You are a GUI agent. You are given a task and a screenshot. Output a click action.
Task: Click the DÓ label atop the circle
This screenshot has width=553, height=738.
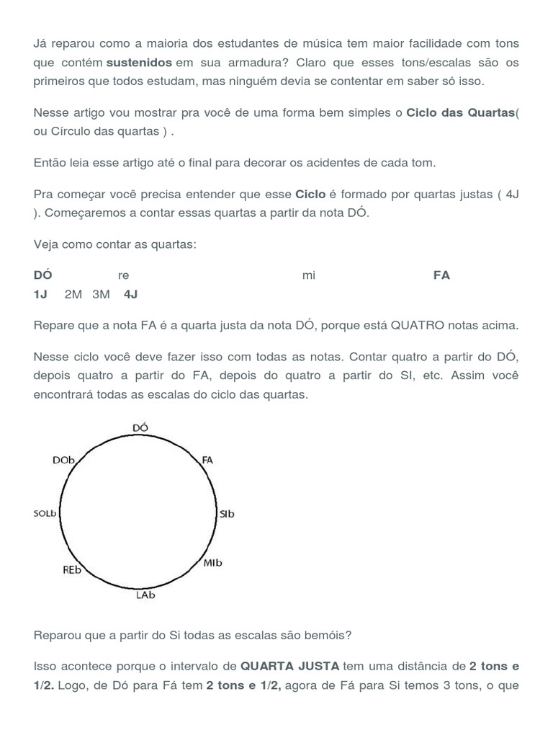[140, 427]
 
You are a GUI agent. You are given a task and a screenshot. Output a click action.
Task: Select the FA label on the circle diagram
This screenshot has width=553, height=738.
[207, 459]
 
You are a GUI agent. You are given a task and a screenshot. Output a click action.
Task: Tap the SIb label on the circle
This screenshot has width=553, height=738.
[227, 514]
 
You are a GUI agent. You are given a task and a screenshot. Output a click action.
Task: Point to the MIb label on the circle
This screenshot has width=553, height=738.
[212, 563]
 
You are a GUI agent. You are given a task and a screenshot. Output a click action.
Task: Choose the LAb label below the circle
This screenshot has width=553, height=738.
[145, 595]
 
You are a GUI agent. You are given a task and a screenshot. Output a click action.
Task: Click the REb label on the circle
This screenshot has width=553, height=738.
[72, 569]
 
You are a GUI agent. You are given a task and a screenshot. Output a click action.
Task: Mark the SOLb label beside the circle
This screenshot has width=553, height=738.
[45, 514]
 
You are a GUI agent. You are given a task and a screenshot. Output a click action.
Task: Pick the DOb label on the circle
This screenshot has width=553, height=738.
[64, 459]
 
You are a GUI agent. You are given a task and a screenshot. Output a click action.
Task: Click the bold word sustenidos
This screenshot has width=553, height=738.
[139, 63]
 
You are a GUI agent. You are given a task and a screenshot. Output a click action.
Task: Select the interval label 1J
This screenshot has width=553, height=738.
[40, 294]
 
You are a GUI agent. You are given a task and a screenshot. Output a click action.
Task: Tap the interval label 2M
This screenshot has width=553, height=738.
[73, 294]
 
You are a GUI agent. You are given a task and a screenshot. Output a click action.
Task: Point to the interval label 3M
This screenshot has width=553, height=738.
[101, 294]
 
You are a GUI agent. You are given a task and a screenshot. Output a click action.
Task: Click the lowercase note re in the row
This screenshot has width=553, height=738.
[123, 275]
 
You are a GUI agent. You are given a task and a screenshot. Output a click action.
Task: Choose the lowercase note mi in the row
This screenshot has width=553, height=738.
[309, 275]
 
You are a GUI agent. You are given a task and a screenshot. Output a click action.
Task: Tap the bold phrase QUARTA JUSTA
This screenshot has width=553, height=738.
[289, 665]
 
